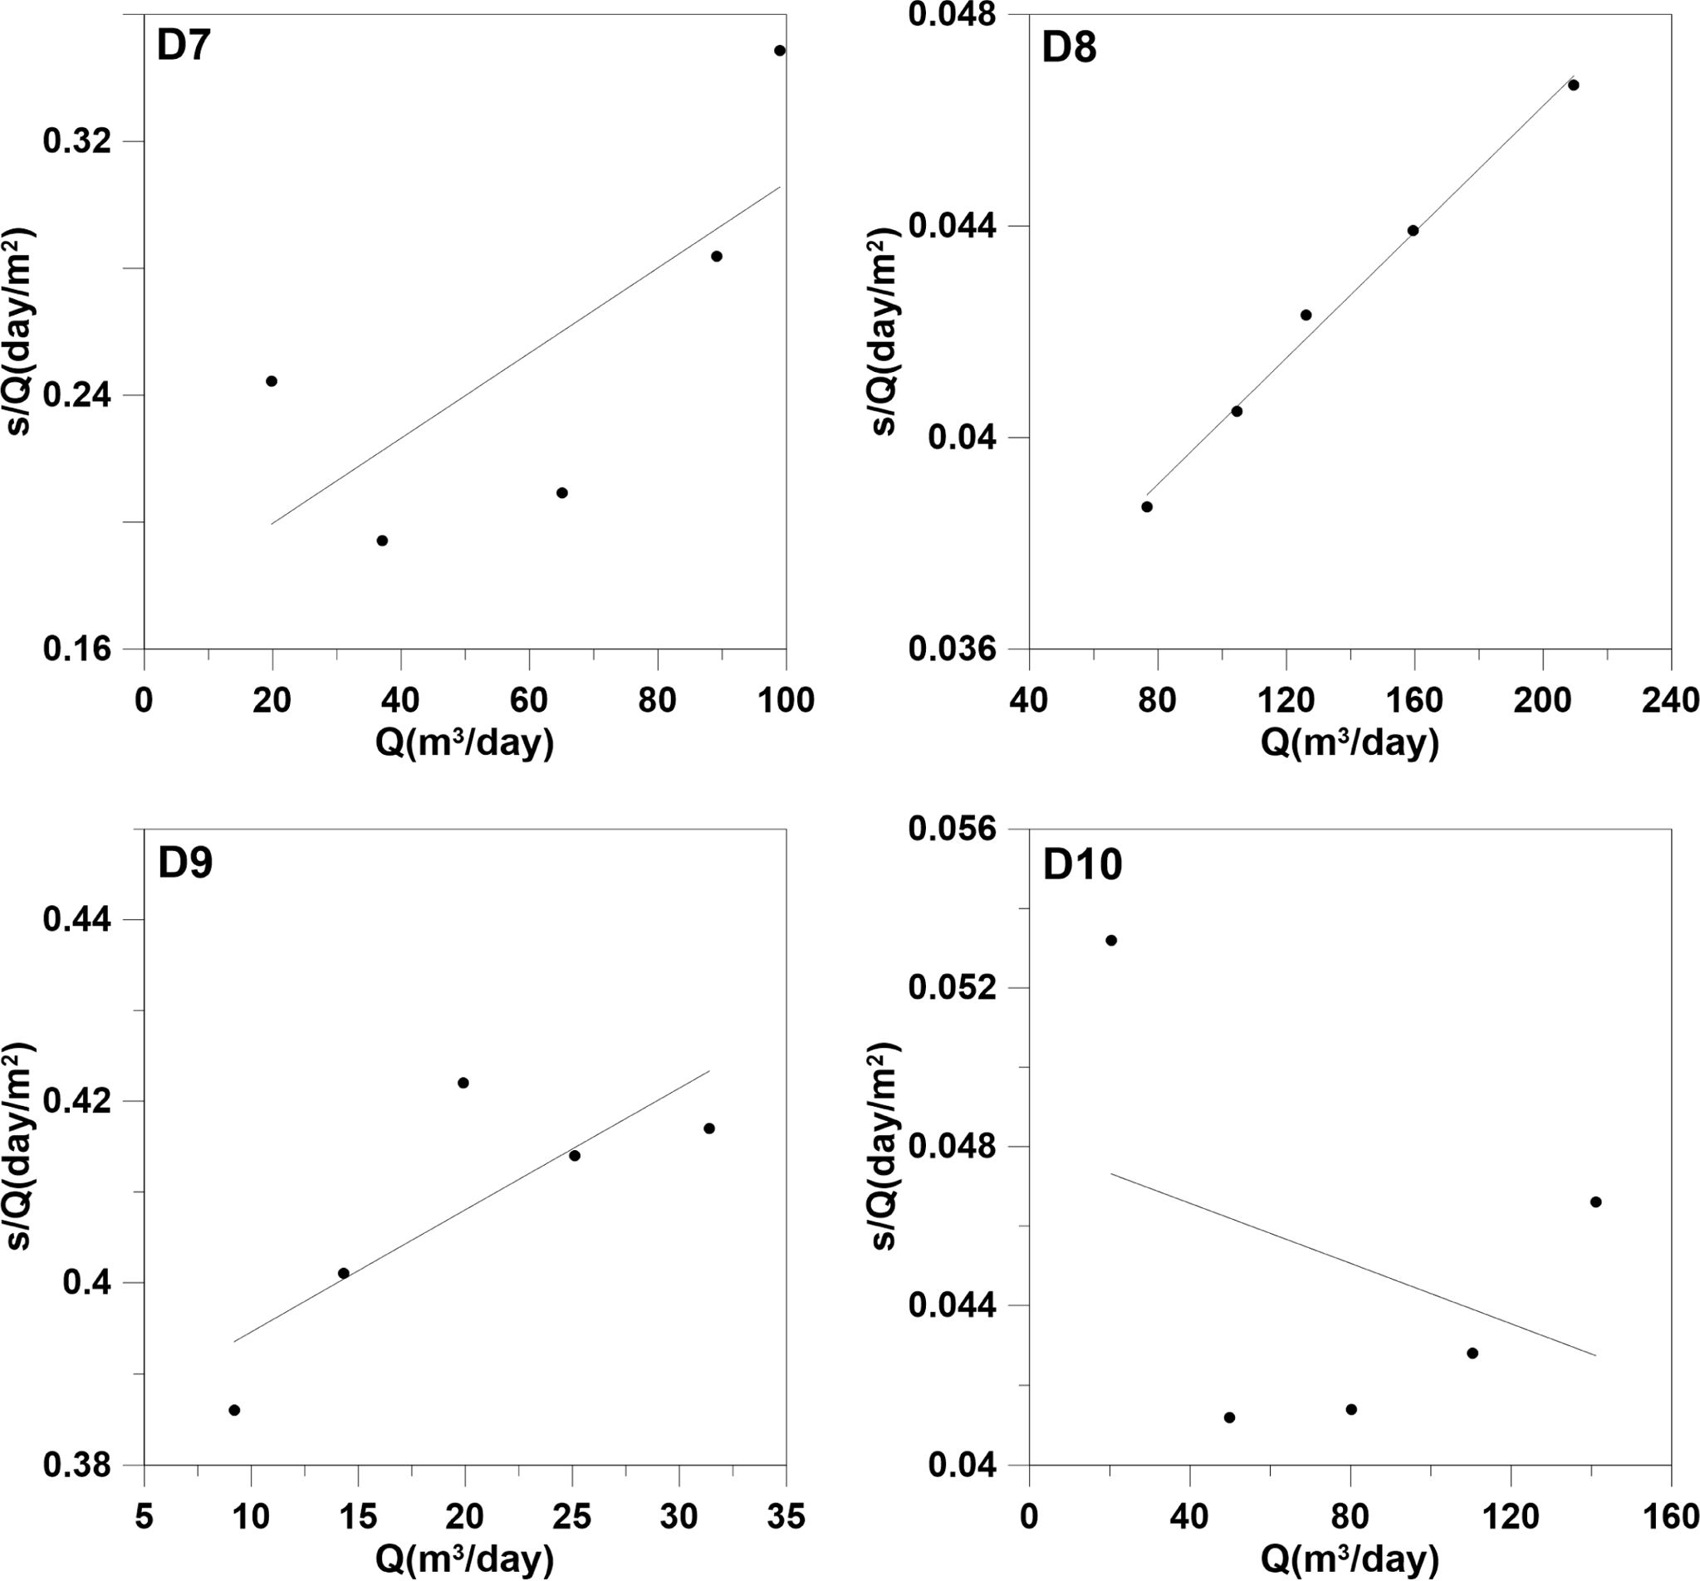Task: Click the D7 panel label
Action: (183, 46)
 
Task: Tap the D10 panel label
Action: (1082, 865)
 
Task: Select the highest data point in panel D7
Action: (779, 51)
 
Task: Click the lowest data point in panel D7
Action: (382, 541)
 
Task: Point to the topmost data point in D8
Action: (1573, 86)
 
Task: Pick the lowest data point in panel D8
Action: (1147, 507)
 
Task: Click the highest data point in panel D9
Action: (463, 1083)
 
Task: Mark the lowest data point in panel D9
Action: (234, 1410)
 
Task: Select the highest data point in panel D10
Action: (1111, 941)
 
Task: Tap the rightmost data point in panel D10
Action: (1595, 1202)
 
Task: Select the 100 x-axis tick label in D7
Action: (785, 701)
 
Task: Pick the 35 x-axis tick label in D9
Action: (785, 1517)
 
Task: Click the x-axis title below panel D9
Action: (464, 1559)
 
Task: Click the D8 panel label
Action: (1068, 49)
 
